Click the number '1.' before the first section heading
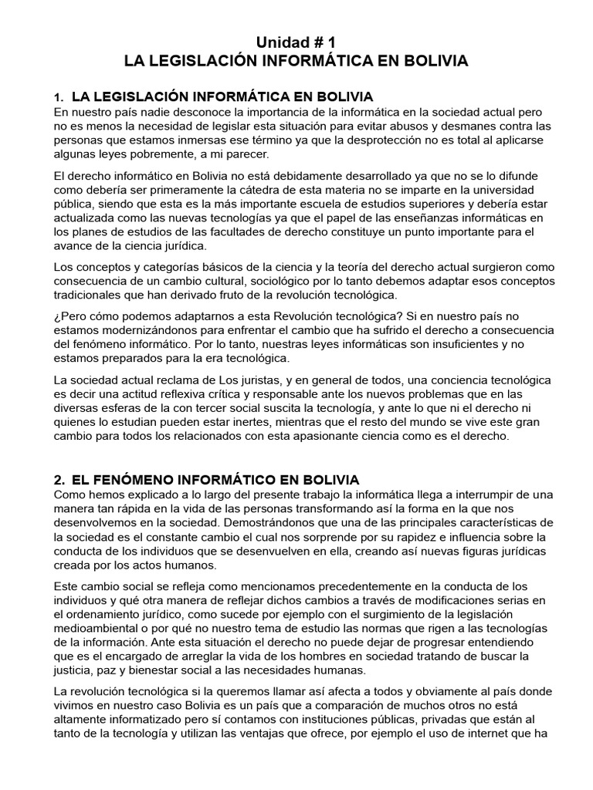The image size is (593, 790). pyautogui.click(x=59, y=98)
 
